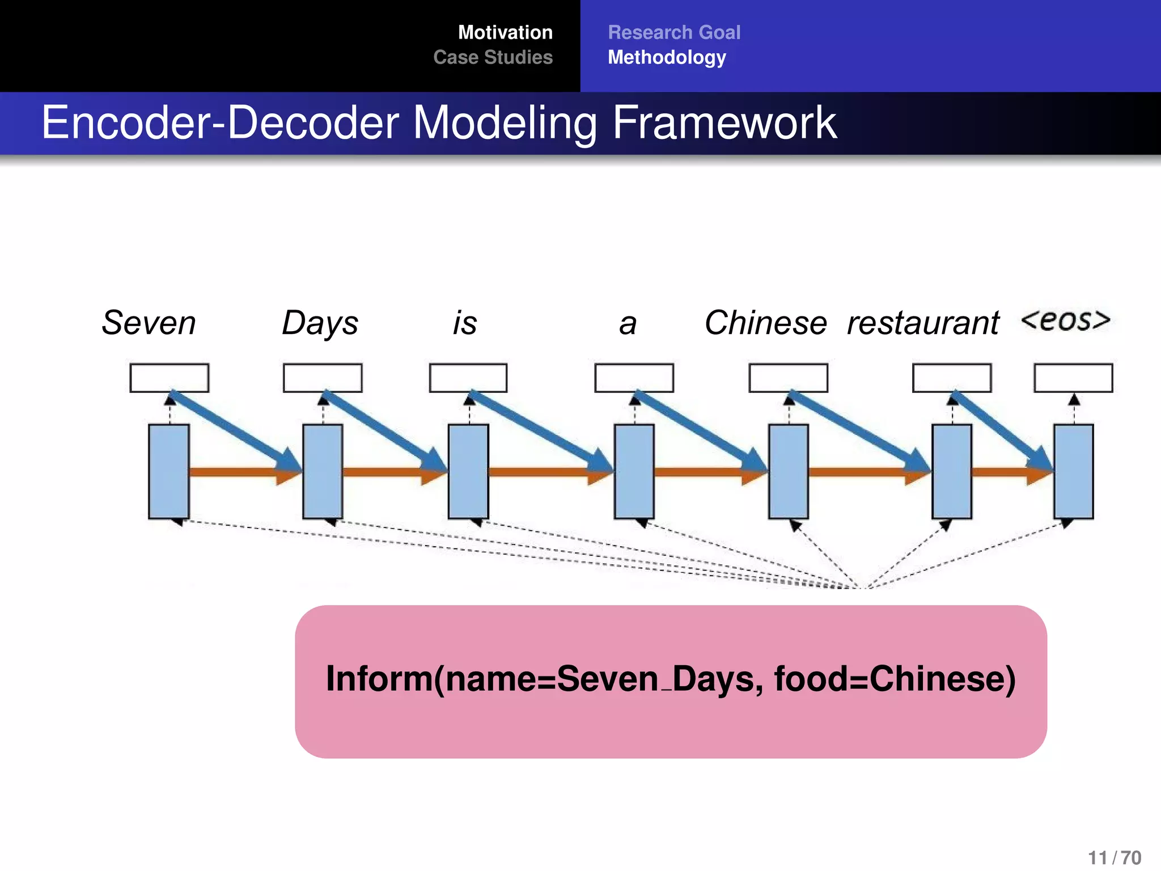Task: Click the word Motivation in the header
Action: point(505,32)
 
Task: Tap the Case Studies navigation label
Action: point(493,57)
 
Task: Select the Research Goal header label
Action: point(674,32)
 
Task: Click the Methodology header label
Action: point(667,57)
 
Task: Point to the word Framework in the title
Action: point(724,122)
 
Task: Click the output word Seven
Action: point(149,323)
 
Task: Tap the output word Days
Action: point(320,323)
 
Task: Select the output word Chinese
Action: point(765,323)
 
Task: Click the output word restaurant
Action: point(922,323)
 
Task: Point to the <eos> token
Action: point(1065,320)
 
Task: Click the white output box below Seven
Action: point(169,378)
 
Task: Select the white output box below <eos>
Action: point(1073,378)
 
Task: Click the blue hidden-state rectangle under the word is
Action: point(468,471)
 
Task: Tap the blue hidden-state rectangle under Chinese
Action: point(788,471)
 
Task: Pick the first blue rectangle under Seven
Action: point(168,471)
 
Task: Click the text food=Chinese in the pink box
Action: point(895,679)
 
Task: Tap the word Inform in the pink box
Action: point(379,679)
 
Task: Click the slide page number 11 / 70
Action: point(1114,857)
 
